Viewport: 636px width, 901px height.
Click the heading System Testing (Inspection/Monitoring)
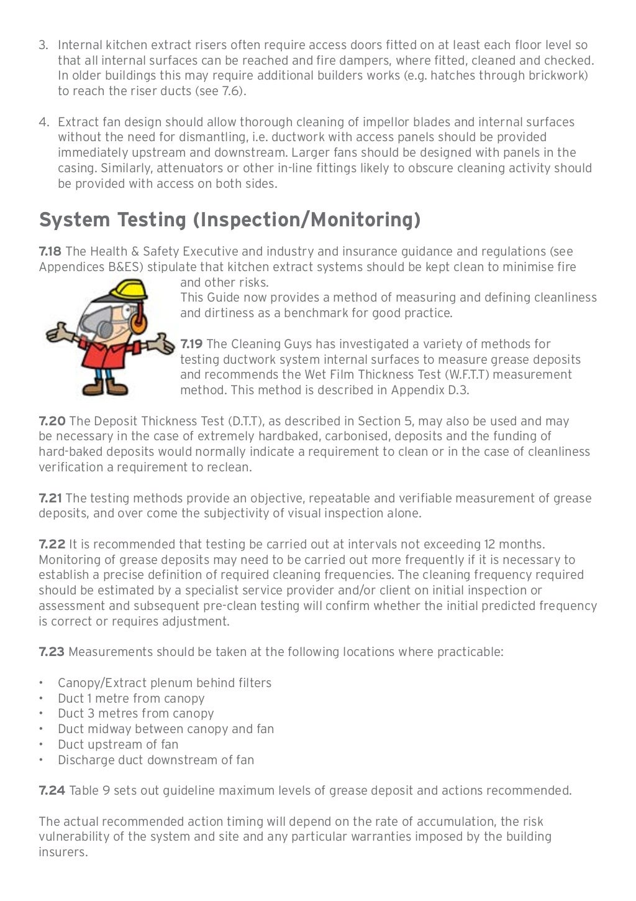[230, 220]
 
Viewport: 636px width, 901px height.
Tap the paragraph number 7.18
[50, 252]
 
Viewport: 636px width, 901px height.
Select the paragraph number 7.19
[191, 344]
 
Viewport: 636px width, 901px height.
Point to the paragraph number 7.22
[52, 545]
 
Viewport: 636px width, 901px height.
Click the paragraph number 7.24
[52, 791]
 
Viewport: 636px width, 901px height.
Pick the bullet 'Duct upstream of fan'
[117, 745]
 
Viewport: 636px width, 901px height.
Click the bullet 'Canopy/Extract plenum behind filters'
[164, 683]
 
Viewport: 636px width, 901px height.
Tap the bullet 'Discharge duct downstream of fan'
[155, 760]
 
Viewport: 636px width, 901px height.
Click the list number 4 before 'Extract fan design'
[43, 122]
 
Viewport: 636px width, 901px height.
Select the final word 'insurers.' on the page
[63, 852]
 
